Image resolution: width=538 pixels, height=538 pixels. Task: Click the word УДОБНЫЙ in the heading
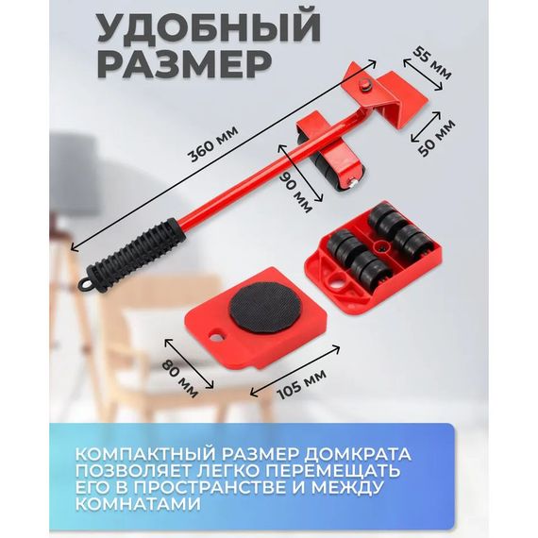(x=209, y=26)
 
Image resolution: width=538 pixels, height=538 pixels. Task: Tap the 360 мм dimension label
(x=212, y=143)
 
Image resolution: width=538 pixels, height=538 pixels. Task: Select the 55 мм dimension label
(x=432, y=63)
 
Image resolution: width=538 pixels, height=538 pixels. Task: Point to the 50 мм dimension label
(x=437, y=137)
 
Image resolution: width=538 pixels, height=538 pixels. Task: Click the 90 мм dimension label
(x=295, y=192)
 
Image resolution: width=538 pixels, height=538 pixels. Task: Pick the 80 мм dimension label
(x=179, y=378)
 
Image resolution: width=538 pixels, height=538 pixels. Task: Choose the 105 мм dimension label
(x=301, y=384)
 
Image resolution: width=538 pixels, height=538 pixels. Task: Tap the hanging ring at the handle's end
(x=85, y=283)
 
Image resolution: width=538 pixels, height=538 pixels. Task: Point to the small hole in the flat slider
(x=216, y=336)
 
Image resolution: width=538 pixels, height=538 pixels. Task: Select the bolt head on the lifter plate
(x=367, y=85)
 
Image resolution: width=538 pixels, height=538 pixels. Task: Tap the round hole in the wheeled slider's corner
(x=337, y=280)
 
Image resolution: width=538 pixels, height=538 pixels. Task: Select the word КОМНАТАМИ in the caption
(x=138, y=504)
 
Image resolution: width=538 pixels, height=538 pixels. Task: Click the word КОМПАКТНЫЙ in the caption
(x=146, y=454)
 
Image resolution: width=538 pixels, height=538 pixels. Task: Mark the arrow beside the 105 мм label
(x=295, y=371)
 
